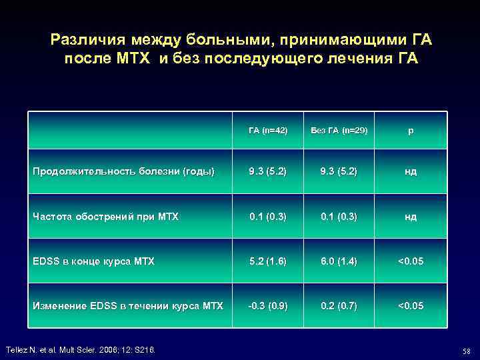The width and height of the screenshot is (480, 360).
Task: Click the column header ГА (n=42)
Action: coord(267,130)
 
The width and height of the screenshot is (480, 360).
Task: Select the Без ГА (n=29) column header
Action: coord(339,130)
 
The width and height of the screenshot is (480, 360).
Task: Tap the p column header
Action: coord(411,130)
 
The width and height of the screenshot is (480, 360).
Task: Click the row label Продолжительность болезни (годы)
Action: coord(124,171)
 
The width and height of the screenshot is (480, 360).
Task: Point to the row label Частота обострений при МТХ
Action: coord(105,216)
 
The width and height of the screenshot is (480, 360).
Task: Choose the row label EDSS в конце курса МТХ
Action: coord(93,261)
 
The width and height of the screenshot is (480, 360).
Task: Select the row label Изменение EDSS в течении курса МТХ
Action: coord(128,306)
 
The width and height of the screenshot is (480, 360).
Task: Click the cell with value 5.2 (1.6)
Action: coord(267,261)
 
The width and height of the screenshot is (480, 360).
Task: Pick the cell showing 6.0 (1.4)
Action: coord(339,261)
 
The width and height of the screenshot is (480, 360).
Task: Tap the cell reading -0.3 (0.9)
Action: coord(267,306)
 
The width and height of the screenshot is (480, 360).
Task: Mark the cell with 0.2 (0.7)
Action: coord(339,306)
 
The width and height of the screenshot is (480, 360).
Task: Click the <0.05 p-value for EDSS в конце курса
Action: coord(411,261)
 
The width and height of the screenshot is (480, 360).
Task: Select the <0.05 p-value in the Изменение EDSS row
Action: coord(411,306)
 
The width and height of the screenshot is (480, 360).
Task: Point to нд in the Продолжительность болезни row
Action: coord(411,171)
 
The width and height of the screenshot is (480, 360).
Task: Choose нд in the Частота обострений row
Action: coord(411,216)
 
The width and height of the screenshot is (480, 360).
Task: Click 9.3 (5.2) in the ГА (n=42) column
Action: coord(267,171)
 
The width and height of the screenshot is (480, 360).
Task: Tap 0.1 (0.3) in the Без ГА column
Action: coord(339,216)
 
